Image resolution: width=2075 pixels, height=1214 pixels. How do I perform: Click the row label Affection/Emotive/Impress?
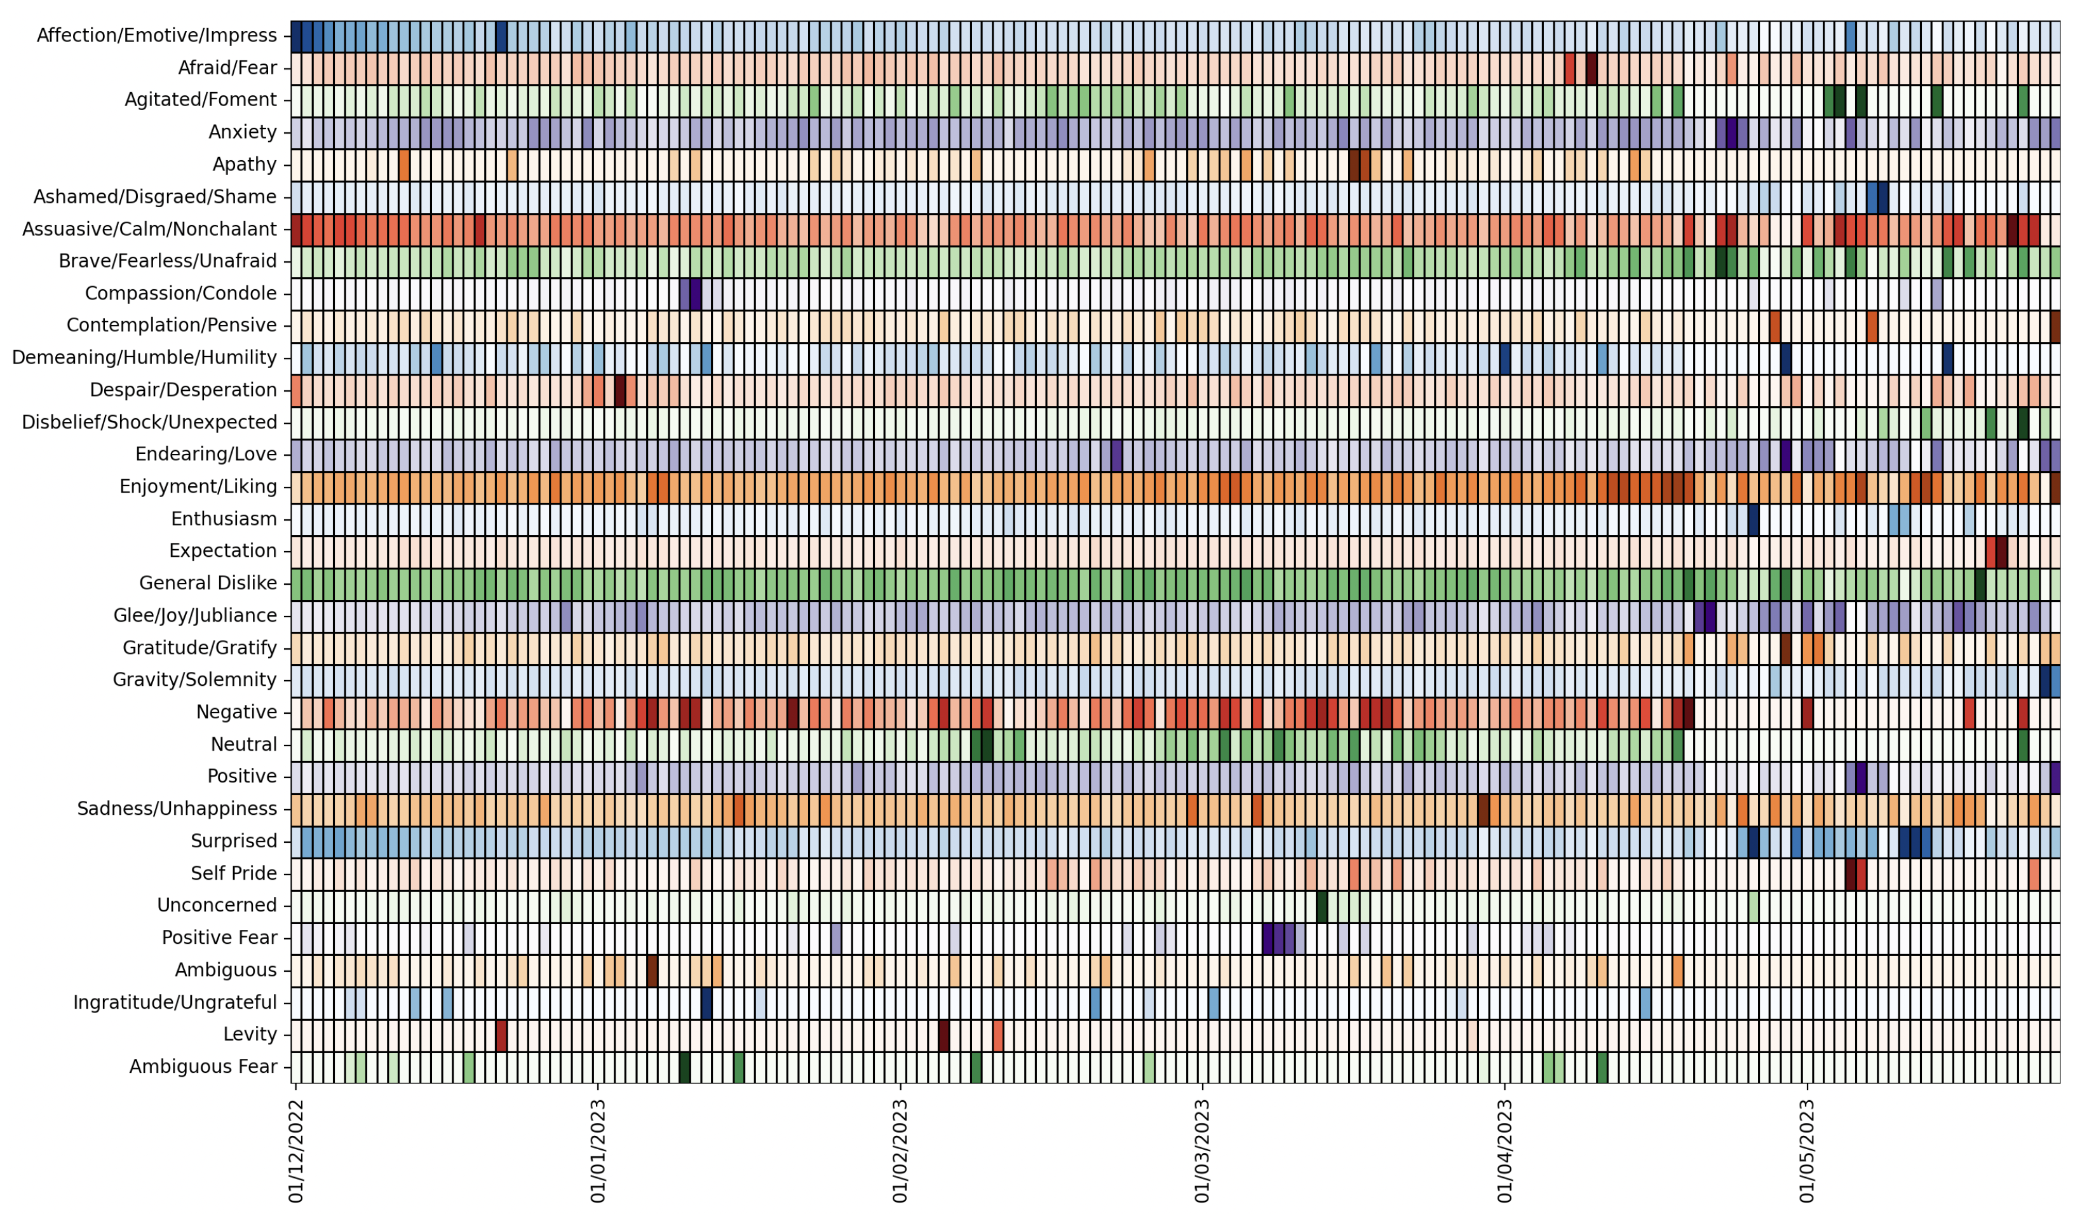[x=156, y=36]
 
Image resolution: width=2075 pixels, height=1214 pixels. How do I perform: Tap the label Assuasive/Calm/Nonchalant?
[x=149, y=229]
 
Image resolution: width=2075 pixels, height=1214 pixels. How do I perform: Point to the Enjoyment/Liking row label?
[x=198, y=487]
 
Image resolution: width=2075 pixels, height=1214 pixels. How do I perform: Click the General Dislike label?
[x=208, y=583]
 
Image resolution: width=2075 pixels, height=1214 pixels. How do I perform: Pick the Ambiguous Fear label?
[x=203, y=1067]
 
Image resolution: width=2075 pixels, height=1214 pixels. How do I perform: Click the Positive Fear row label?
[x=219, y=938]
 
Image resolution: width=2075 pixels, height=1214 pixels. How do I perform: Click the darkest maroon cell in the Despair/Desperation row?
[x=620, y=390]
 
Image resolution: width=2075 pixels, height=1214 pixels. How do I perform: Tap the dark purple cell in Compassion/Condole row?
[x=696, y=293]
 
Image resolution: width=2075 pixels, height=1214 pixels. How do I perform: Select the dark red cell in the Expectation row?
[x=2001, y=551]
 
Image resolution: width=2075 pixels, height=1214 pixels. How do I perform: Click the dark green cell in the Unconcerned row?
[x=1321, y=905]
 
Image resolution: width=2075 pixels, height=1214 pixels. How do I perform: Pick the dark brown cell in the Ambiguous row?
[x=652, y=969]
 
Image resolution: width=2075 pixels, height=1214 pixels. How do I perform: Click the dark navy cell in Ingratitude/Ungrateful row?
[x=706, y=1002]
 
